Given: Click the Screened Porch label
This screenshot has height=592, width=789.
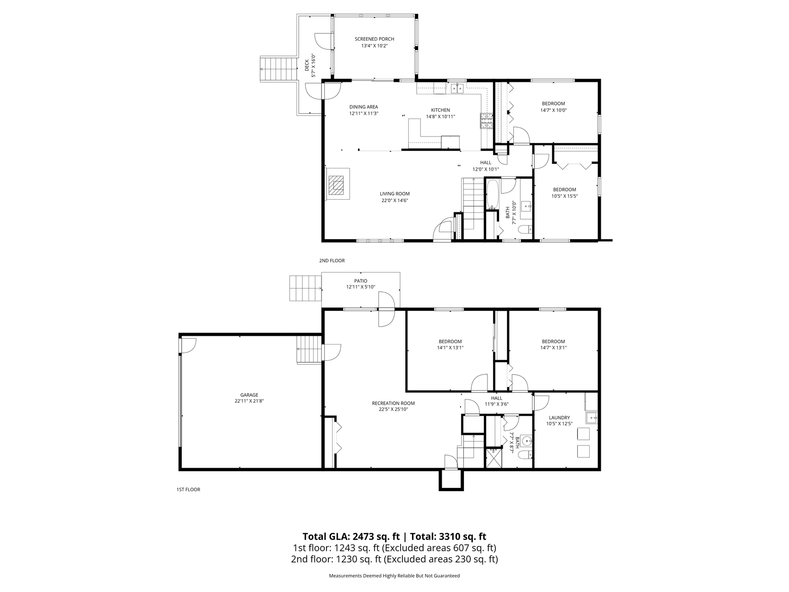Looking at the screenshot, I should (x=374, y=39).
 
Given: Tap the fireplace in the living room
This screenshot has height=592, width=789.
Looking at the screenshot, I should (x=337, y=185).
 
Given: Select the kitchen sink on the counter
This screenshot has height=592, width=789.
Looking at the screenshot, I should (x=457, y=88).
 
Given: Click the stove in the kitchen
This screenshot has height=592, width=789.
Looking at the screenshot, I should (x=487, y=121).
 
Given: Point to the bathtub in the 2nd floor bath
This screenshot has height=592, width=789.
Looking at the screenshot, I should (x=492, y=194).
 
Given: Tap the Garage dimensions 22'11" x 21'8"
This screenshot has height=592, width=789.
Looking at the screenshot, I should (x=249, y=401).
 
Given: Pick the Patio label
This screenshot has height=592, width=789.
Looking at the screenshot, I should (x=361, y=281).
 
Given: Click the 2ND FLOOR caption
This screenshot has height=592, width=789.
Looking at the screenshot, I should (x=332, y=261).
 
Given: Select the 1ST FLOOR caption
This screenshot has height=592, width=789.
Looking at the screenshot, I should (x=188, y=489).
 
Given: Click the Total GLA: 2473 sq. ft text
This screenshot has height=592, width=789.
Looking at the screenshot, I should (x=351, y=536).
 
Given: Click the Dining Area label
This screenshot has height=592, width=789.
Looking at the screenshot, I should (x=364, y=107).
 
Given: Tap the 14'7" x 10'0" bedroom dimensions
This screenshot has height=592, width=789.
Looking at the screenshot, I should (x=553, y=111).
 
